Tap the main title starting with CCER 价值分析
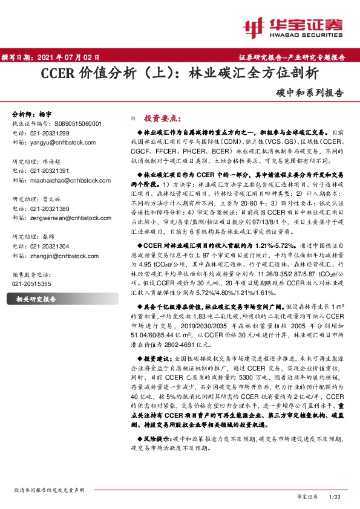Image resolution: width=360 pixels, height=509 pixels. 179,74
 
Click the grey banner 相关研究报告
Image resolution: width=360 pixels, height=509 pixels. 36,299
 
